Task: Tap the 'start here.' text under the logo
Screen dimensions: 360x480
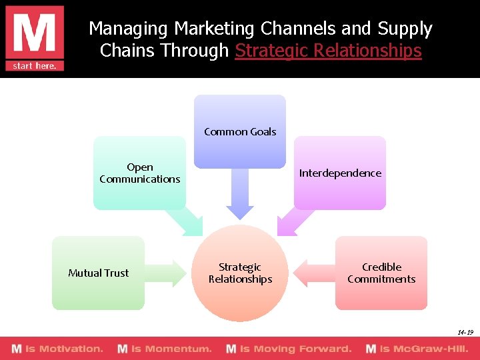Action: [34, 65]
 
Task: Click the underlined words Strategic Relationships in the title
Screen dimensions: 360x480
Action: [328, 51]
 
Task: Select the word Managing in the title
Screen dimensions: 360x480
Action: [128, 29]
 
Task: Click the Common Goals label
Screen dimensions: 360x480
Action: [240, 132]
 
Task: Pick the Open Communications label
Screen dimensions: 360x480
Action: [140, 173]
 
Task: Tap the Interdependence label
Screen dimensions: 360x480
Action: [340, 173]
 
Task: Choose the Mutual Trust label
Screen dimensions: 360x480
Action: [99, 273]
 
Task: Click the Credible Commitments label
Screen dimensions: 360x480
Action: [381, 273]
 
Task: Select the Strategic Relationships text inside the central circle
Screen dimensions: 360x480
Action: [240, 273]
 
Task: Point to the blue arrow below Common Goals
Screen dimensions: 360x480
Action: [240, 193]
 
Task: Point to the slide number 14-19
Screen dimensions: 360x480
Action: [465, 332]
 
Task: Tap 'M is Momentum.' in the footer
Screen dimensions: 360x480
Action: [165, 349]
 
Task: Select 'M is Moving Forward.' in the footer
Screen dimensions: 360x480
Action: [289, 349]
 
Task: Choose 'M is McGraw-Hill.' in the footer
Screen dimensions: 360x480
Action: [417, 349]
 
